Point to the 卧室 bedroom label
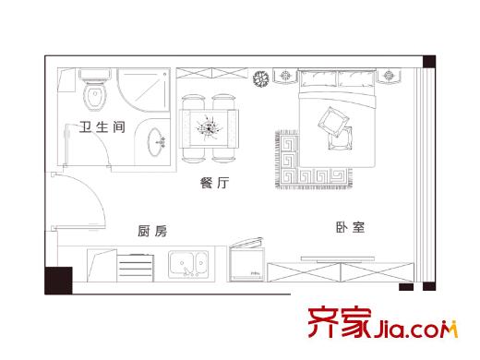pyautogui.click(x=350, y=227)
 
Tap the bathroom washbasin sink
pyautogui.click(x=159, y=142)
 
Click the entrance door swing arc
pyautogui.click(x=88, y=198)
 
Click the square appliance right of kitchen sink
pyautogui.click(x=244, y=262)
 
